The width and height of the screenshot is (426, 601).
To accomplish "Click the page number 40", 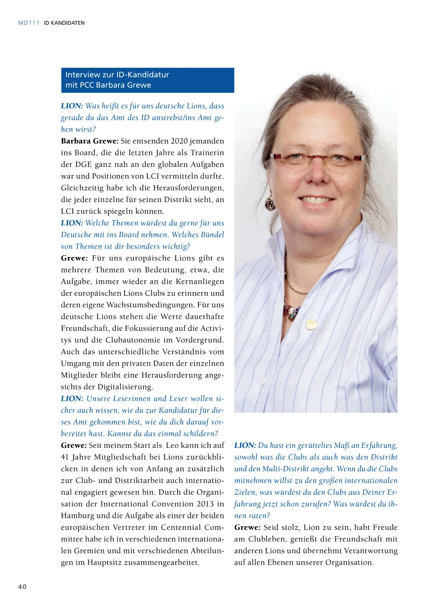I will [x=22, y=587].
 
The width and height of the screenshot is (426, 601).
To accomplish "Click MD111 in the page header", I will [x=28, y=23].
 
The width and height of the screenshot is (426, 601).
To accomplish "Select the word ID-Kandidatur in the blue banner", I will [x=142, y=75].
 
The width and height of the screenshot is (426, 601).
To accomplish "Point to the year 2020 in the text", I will [x=179, y=141].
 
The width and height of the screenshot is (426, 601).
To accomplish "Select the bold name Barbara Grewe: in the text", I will [x=89, y=141].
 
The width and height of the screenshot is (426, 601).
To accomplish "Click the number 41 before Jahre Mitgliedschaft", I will [x=65, y=457].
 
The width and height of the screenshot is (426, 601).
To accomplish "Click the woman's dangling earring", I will [x=270, y=202].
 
